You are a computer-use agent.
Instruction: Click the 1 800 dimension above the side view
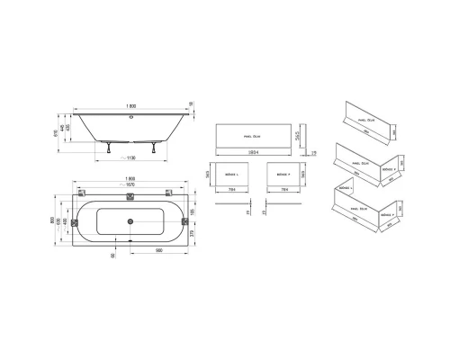pos(132,106)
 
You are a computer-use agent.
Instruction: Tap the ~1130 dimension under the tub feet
pos(131,156)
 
